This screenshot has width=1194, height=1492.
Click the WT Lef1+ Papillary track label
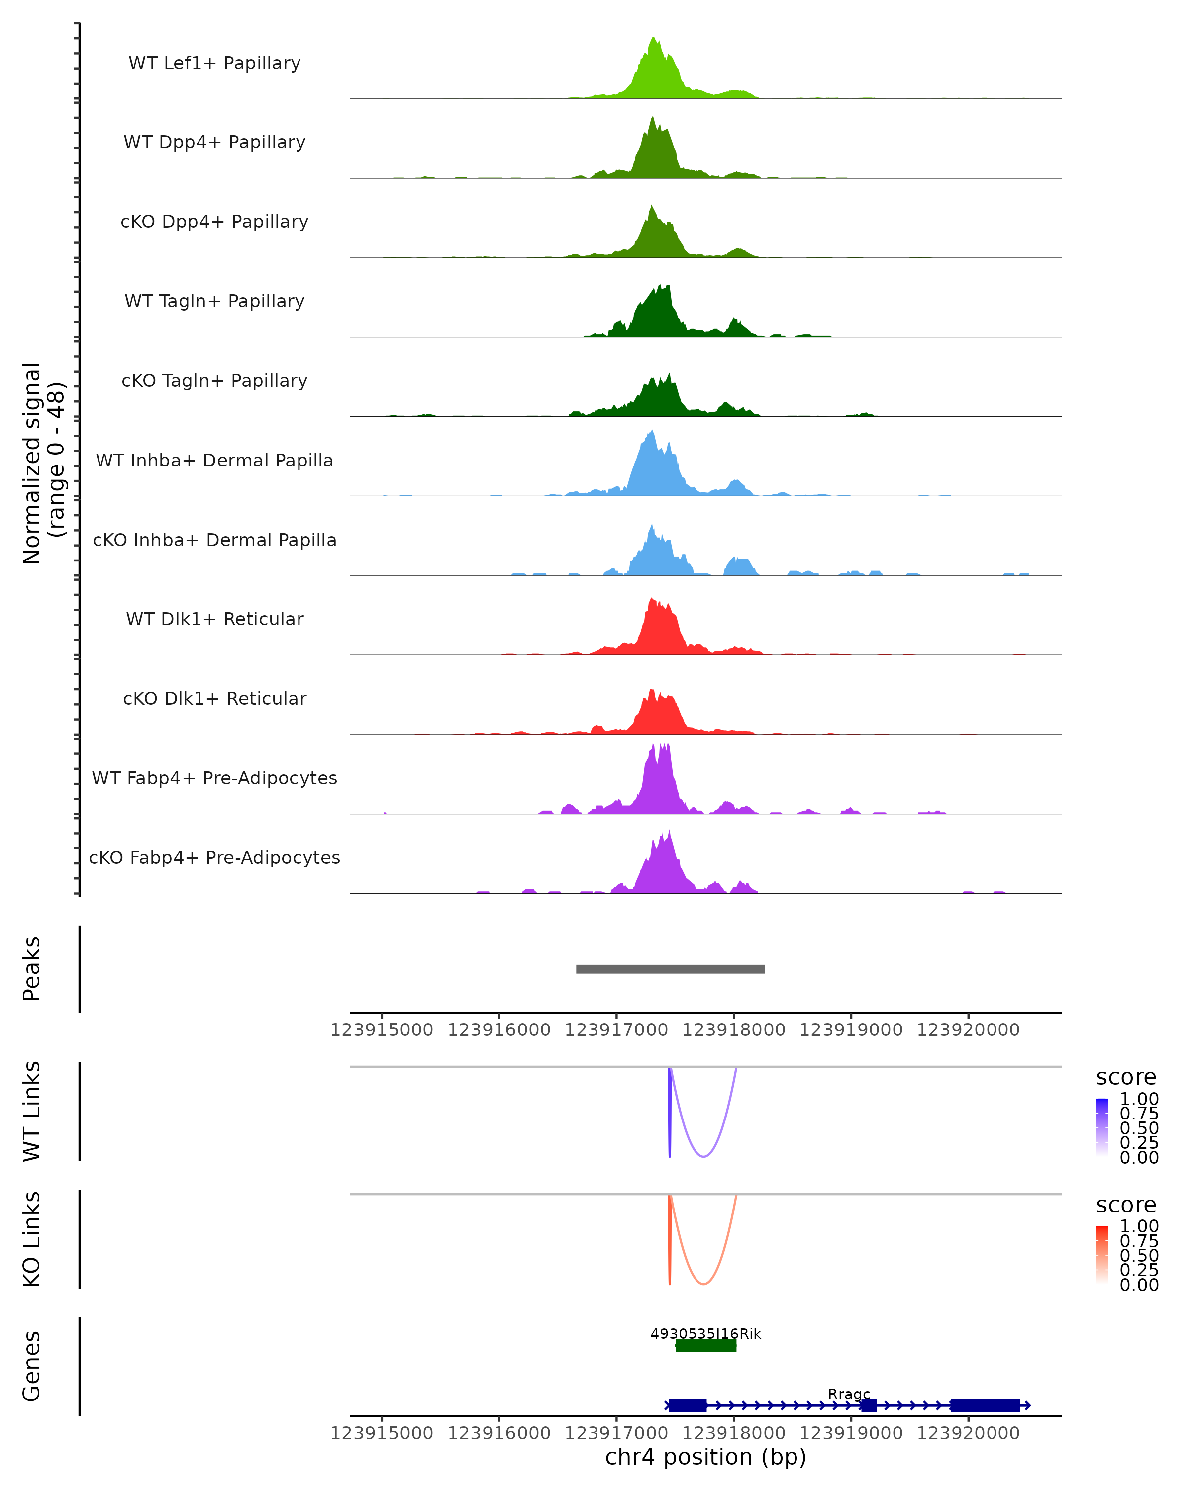point(214,63)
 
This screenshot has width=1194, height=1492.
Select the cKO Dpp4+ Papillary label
point(214,222)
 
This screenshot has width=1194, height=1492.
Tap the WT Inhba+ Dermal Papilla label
point(214,461)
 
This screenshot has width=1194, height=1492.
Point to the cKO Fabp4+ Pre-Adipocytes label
point(214,858)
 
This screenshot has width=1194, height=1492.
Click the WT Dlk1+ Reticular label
point(214,619)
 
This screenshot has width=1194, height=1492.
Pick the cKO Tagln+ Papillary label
point(214,381)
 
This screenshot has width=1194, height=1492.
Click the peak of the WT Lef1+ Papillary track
point(653,39)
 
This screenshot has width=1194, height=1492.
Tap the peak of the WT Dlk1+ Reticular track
point(651,599)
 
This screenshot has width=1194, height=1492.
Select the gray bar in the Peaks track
point(670,969)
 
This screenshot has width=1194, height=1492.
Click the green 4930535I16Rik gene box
point(705,1345)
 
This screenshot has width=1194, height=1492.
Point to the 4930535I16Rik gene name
point(705,1333)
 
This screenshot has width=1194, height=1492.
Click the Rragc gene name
point(849,1394)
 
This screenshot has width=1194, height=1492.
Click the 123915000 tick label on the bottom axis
point(382,1433)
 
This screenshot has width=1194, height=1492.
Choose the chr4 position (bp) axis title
point(705,1457)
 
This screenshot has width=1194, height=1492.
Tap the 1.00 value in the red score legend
point(1139,1226)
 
